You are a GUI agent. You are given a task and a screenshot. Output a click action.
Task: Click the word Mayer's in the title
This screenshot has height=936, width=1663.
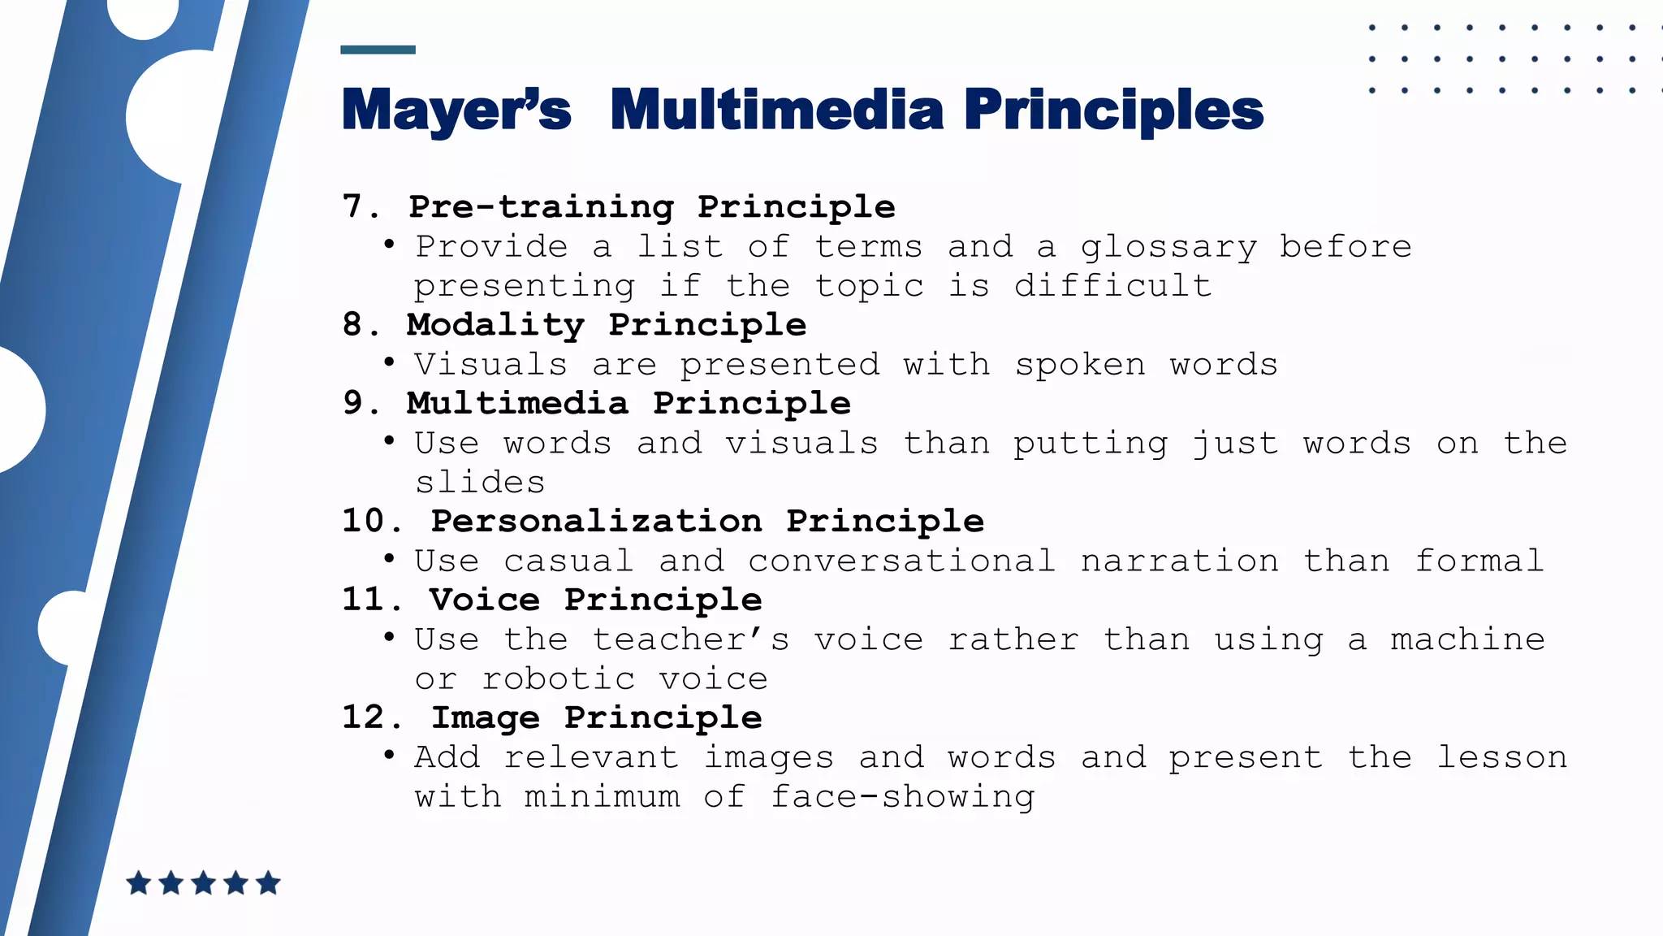pyautogui.click(x=456, y=110)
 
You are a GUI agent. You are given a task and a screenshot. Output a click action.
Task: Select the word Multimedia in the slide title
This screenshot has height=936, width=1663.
pyautogui.click(x=777, y=110)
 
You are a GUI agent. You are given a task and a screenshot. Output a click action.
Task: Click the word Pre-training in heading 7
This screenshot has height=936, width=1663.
pyautogui.click(x=542, y=206)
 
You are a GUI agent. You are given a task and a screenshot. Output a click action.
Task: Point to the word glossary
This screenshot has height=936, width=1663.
pyautogui.click(x=1168, y=247)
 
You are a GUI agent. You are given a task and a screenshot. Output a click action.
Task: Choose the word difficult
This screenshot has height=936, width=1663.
pyautogui.click(x=1112, y=286)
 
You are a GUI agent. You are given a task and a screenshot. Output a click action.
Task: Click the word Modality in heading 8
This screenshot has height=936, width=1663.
pyautogui.click(x=495, y=325)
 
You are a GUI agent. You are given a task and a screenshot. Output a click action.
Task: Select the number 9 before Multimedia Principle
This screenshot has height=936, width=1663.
pyautogui.click(x=353, y=403)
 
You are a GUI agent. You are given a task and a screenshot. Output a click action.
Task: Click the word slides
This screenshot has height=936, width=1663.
pyautogui.click(x=480, y=483)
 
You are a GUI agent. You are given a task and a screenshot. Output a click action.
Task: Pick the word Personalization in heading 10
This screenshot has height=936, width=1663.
pyautogui.click(x=596, y=521)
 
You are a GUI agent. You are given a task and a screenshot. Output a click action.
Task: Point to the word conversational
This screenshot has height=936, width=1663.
pyautogui.click(x=901, y=561)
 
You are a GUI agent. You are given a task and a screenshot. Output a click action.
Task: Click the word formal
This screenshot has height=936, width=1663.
pyautogui.click(x=1479, y=561)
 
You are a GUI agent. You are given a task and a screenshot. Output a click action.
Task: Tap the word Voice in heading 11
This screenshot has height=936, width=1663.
pyautogui.click(x=485, y=600)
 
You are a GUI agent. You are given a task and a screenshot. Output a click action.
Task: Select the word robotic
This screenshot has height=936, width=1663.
pyautogui.click(x=559, y=678)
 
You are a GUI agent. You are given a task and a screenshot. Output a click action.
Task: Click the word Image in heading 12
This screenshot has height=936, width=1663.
pyautogui.click(x=485, y=717)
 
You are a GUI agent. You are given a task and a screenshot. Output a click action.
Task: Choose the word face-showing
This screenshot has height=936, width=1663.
pyautogui.click(x=902, y=797)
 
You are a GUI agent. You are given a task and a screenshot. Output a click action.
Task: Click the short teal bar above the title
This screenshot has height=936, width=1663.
pyautogui.click(x=378, y=50)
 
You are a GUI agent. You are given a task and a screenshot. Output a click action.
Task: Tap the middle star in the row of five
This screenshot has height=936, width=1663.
pyautogui.click(x=203, y=883)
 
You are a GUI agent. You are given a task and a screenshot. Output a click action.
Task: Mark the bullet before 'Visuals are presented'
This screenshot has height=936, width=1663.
pyautogui.click(x=390, y=362)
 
